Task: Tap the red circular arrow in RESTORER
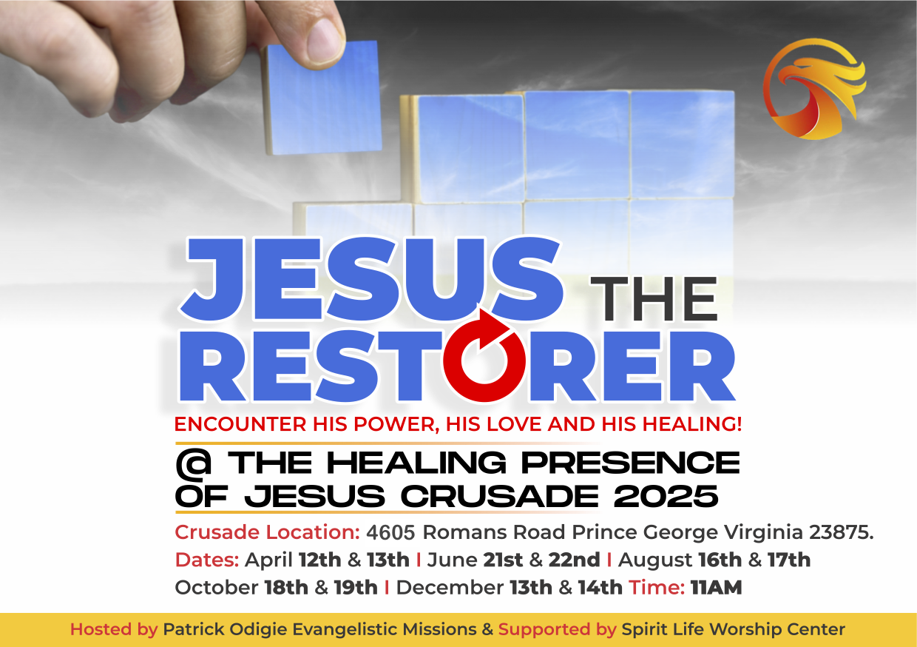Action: click(484, 358)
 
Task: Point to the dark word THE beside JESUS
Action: click(657, 300)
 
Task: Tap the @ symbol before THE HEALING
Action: click(194, 463)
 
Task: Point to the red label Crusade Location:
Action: click(267, 532)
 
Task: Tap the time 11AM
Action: click(716, 588)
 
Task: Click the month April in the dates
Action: click(269, 560)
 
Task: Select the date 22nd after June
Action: click(574, 560)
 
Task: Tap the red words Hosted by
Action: click(113, 630)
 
